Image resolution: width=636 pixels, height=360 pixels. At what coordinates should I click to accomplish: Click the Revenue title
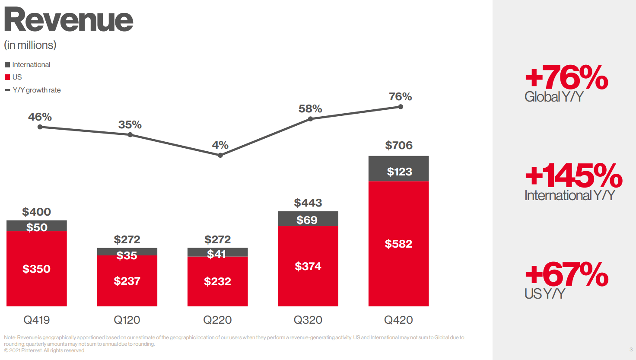pos(68,20)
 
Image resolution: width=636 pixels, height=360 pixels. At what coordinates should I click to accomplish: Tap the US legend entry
pos(17,77)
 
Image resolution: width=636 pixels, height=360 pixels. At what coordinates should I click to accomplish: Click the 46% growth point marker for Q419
pos(40,127)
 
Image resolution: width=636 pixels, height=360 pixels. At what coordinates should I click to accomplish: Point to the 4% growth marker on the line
pos(220,155)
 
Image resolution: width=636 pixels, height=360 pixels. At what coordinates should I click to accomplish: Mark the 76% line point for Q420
pos(401,107)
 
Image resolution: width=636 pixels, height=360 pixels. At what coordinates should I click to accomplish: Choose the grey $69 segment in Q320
pos(308,219)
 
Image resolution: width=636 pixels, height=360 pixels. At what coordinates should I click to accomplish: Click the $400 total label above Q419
pos(37,212)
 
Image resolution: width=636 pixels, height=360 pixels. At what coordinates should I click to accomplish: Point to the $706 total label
pos(399,145)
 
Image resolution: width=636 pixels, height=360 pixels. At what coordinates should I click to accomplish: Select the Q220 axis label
pos(217,320)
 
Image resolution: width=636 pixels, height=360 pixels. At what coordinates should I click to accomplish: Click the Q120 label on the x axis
pos(127,320)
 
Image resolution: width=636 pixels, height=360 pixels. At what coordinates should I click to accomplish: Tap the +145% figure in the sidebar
pos(573,175)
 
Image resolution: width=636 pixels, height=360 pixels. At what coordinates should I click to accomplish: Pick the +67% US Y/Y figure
pos(566,274)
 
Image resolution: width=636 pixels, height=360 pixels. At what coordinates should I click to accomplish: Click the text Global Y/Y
pos(554,97)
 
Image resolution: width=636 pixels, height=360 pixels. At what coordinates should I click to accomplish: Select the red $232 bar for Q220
pos(217,281)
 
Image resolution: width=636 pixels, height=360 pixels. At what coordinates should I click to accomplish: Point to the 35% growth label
pos(130,125)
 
